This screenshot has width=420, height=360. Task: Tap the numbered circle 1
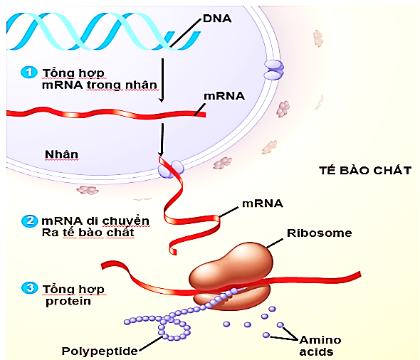(x=28, y=73)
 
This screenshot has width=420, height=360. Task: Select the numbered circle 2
(x=29, y=221)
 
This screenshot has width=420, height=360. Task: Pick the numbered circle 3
(x=28, y=289)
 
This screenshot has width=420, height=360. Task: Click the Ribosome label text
(x=318, y=233)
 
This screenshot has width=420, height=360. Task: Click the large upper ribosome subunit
(x=229, y=268)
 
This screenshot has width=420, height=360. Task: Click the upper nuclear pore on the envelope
(x=273, y=68)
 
